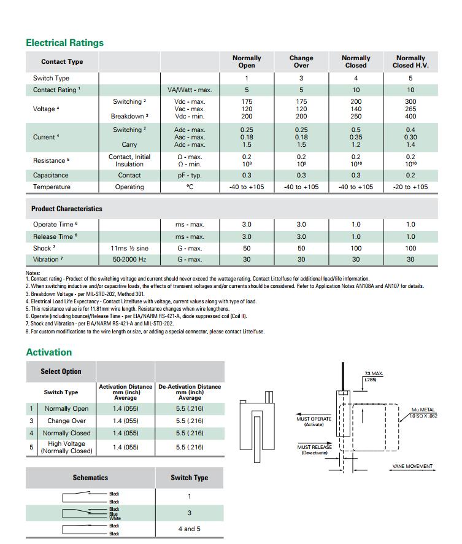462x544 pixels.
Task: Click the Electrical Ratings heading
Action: pos(64,43)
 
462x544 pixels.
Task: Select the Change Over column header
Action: pos(301,61)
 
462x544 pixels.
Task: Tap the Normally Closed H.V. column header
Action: pos(410,61)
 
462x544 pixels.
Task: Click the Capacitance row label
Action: pos(50,175)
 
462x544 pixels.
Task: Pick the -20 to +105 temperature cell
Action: pos(410,187)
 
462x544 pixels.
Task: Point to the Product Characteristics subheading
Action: pos(67,209)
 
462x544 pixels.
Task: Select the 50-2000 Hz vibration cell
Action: pos(129,260)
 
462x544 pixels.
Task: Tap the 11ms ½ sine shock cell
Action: pos(129,248)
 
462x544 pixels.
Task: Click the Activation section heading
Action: pos(48,352)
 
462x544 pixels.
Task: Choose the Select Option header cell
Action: pos(61,371)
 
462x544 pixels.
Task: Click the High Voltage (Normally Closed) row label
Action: pos(66,447)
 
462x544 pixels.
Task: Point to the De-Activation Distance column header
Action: pos(190,392)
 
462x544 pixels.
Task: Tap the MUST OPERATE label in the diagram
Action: pos(314,421)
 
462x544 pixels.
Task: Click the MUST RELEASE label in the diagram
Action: pos(314,449)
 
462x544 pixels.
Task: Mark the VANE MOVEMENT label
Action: pos(412,466)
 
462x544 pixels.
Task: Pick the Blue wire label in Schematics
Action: pos(114,514)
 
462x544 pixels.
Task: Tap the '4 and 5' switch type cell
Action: pos(189,529)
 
